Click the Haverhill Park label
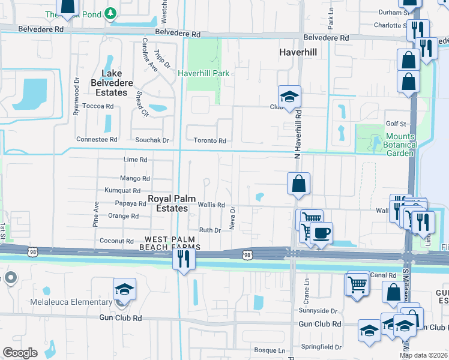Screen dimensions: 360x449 coord(203,73)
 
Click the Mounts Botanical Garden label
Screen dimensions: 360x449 coord(400,145)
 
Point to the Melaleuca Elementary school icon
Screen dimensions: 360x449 coord(124,289)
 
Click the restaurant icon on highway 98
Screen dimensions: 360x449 coord(183,259)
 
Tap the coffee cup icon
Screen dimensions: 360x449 coord(322,233)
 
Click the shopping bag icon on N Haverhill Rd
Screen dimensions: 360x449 coord(298,184)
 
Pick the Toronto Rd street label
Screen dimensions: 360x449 coord(213,141)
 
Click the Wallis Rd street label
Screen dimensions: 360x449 coord(211,205)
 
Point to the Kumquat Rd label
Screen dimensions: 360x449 coord(122,190)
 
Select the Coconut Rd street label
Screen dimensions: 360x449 coord(117,241)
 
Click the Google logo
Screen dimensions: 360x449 coord(20,353)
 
